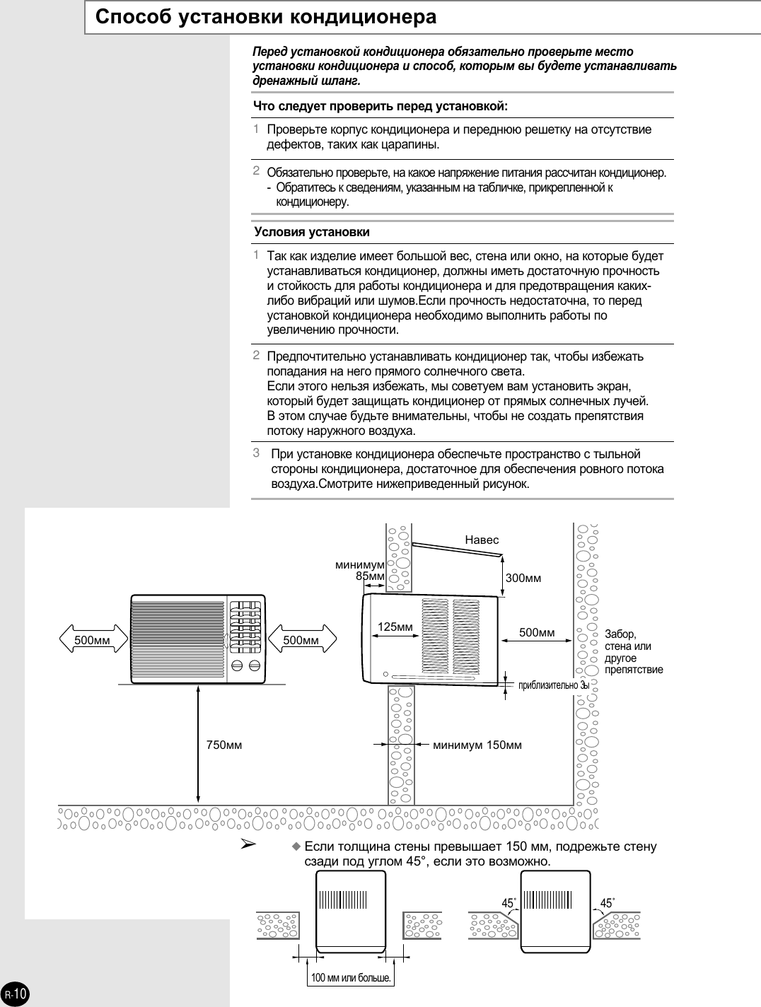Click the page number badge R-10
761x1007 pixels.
point(15,994)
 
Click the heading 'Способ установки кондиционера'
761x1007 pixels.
point(265,17)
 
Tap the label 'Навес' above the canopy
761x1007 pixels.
point(482,540)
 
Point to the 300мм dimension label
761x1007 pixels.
point(523,578)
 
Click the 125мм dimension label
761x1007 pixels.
point(395,627)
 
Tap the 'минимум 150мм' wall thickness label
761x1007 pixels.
point(477,744)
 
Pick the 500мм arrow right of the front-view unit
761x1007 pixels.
point(301,641)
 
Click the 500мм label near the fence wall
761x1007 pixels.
point(537,632)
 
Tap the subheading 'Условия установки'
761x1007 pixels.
point(312,232)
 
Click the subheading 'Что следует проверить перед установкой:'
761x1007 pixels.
point(381,106)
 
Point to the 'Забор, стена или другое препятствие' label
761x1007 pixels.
point(634,651)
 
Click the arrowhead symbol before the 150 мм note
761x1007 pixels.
point(248,844)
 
